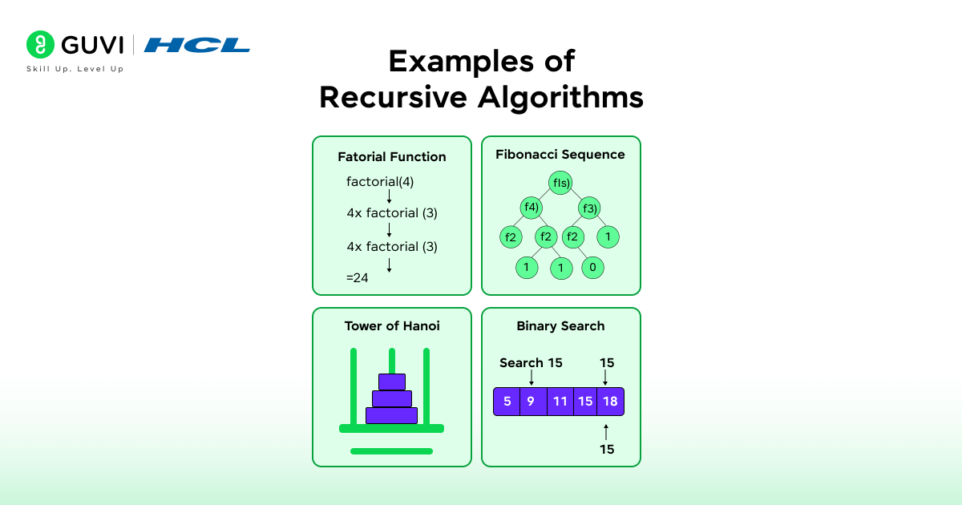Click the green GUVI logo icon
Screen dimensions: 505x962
[x=39, y=45]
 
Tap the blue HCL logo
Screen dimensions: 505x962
[x=196, y=45]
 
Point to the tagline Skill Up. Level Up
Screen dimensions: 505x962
[x=75, y=69]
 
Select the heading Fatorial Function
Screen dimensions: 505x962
[x=391, y=157]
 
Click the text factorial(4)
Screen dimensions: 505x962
[x=380, y=182]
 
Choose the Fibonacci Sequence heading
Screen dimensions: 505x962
[x=560, y=154]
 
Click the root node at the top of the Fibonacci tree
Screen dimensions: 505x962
[x=560, y=183]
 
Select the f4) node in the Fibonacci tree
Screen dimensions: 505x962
[x=531, y=208]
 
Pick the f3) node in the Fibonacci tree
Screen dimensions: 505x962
[x=589, y=208]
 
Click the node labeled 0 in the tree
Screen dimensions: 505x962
[x=592, y=267]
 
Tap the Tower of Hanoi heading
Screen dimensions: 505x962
[x=391, y=326]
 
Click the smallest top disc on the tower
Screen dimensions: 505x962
[x=392, y=382]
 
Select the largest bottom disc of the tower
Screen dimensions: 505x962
[x=391, y=415]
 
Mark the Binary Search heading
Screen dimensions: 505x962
[x=560, y=326]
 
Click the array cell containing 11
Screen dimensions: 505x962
[x=560, y=402]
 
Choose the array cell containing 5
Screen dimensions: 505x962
[x=507, y=402]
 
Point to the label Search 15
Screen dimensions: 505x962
[x=531, y=363]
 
